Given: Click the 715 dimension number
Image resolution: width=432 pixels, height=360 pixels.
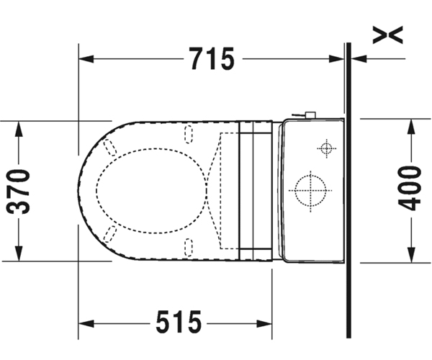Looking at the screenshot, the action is click(212, 58).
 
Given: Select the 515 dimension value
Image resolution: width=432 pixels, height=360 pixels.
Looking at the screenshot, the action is click(179, 322).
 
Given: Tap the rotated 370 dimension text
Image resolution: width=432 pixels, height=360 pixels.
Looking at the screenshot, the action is click(18, 192).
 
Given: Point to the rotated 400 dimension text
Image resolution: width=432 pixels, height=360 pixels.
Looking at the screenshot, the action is click(410, 188).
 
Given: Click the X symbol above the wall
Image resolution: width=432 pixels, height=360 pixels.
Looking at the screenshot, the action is click(387, 35).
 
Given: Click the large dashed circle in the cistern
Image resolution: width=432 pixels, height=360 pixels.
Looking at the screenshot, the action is click(310, 191).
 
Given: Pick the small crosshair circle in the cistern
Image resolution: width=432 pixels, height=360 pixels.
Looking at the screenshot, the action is click(327, 148).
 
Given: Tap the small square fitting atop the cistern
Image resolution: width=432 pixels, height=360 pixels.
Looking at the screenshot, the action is click(311, 115).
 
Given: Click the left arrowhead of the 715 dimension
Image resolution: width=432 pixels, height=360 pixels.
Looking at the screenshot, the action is click(86, 58).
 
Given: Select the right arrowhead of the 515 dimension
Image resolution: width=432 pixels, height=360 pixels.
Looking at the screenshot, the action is click(264, 324).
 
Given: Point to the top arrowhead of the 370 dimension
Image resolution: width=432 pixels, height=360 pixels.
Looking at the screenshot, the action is click(19, 129).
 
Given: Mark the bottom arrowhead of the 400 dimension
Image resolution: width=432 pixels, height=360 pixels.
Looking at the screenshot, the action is click(411, 256).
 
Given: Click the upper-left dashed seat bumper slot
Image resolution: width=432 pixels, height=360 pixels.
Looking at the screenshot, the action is click(109, 148).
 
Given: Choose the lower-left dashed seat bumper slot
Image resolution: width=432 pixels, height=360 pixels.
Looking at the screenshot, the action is click(110, 234).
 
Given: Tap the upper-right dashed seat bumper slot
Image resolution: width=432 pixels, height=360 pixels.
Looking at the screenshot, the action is click(189, 134).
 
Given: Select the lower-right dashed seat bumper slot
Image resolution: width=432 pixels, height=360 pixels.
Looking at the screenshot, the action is click(189, 248).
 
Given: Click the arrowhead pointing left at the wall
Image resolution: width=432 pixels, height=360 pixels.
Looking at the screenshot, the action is click(359, 58).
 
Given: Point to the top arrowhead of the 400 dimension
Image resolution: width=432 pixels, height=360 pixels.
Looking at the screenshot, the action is click(411, 127).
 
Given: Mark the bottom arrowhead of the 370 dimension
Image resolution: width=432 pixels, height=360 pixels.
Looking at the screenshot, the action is click(19, 253).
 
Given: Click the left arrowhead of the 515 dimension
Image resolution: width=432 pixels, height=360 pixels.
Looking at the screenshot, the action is click(86, 324).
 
